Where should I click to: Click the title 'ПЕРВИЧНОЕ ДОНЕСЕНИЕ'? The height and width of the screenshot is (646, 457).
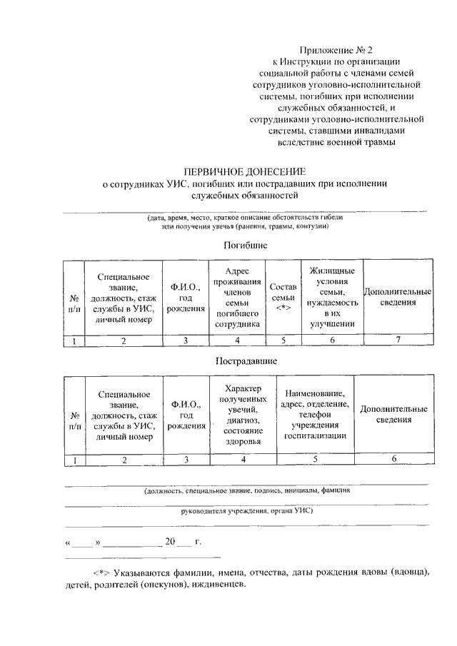pos(245,172)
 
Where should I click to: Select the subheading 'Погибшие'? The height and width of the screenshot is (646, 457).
pos(246,245)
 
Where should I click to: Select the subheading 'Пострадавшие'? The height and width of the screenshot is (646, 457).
pos(246,362)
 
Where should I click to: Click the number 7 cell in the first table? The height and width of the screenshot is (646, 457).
pos(397,340)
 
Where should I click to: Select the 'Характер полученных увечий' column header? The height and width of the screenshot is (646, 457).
pos(243,414)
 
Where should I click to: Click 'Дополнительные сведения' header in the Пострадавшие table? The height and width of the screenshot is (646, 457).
pos(393,414)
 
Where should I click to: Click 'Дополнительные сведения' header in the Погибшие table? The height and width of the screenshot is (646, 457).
pos(397,297)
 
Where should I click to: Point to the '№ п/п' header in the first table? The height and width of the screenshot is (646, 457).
pos(74,303)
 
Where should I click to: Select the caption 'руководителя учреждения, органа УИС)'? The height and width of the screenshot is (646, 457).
pos(246,511)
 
